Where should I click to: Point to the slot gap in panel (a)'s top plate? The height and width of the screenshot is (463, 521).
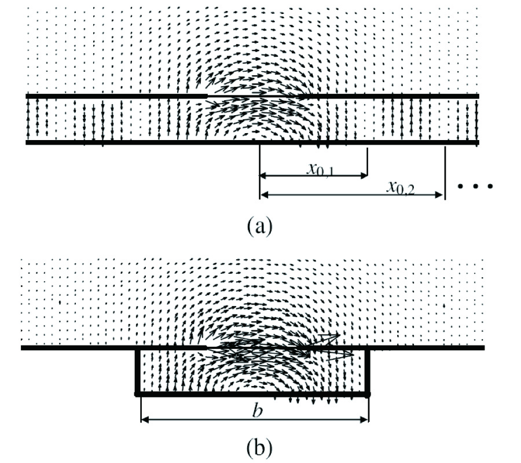pos(255,95)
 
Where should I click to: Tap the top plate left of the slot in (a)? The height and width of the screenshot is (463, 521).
pos(116,95)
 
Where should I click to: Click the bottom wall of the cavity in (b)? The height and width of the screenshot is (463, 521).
pos(252,394)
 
